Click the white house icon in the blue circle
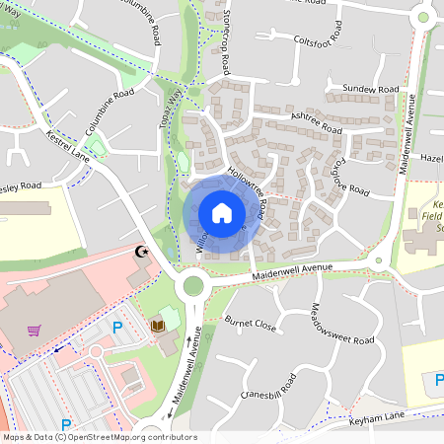222,213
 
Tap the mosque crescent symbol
143,254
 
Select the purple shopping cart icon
35,331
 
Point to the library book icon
157,325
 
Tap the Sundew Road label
369,90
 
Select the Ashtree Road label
316,124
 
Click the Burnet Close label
250,323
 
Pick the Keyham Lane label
378,419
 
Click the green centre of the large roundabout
192,286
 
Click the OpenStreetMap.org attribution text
125,437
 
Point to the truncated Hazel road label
431,158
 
